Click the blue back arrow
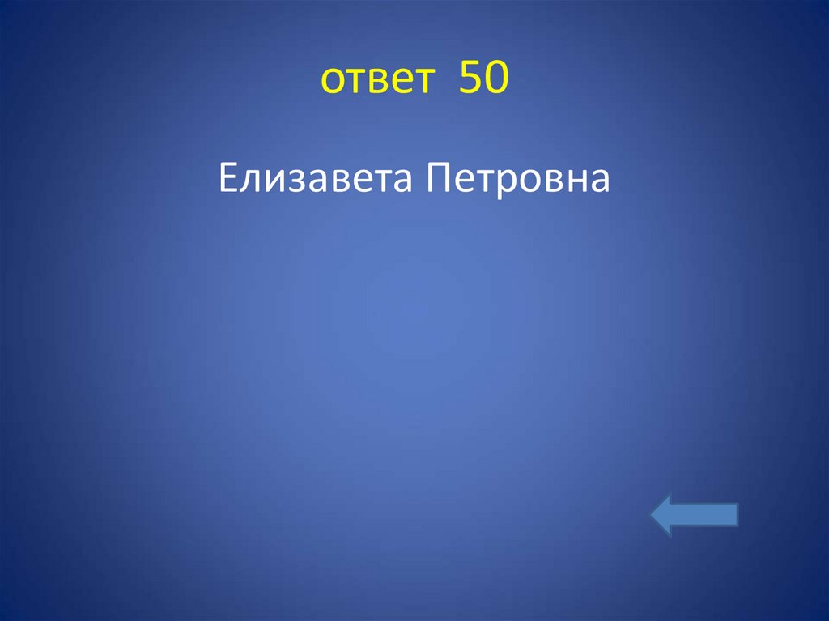[694, 517]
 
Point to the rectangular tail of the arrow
[712, 517]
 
